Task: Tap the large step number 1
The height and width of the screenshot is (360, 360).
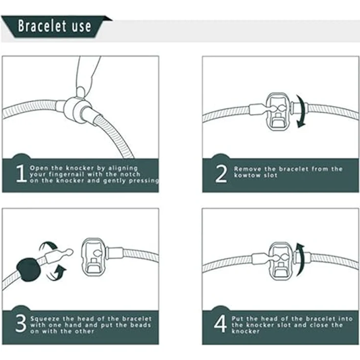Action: [21, 173]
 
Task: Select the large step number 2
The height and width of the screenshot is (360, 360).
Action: [221, 174]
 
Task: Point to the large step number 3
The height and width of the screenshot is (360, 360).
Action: [21, 323]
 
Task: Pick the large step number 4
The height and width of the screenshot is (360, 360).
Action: [221, 324]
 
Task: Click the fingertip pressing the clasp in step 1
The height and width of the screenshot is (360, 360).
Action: [81, 91]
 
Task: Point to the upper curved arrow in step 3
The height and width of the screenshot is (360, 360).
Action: [48, 246]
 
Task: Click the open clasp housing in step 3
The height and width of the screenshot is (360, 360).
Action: [93, 257]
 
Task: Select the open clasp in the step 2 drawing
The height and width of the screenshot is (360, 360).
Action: [278, 112]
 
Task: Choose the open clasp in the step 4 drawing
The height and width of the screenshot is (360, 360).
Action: [280, 261]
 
